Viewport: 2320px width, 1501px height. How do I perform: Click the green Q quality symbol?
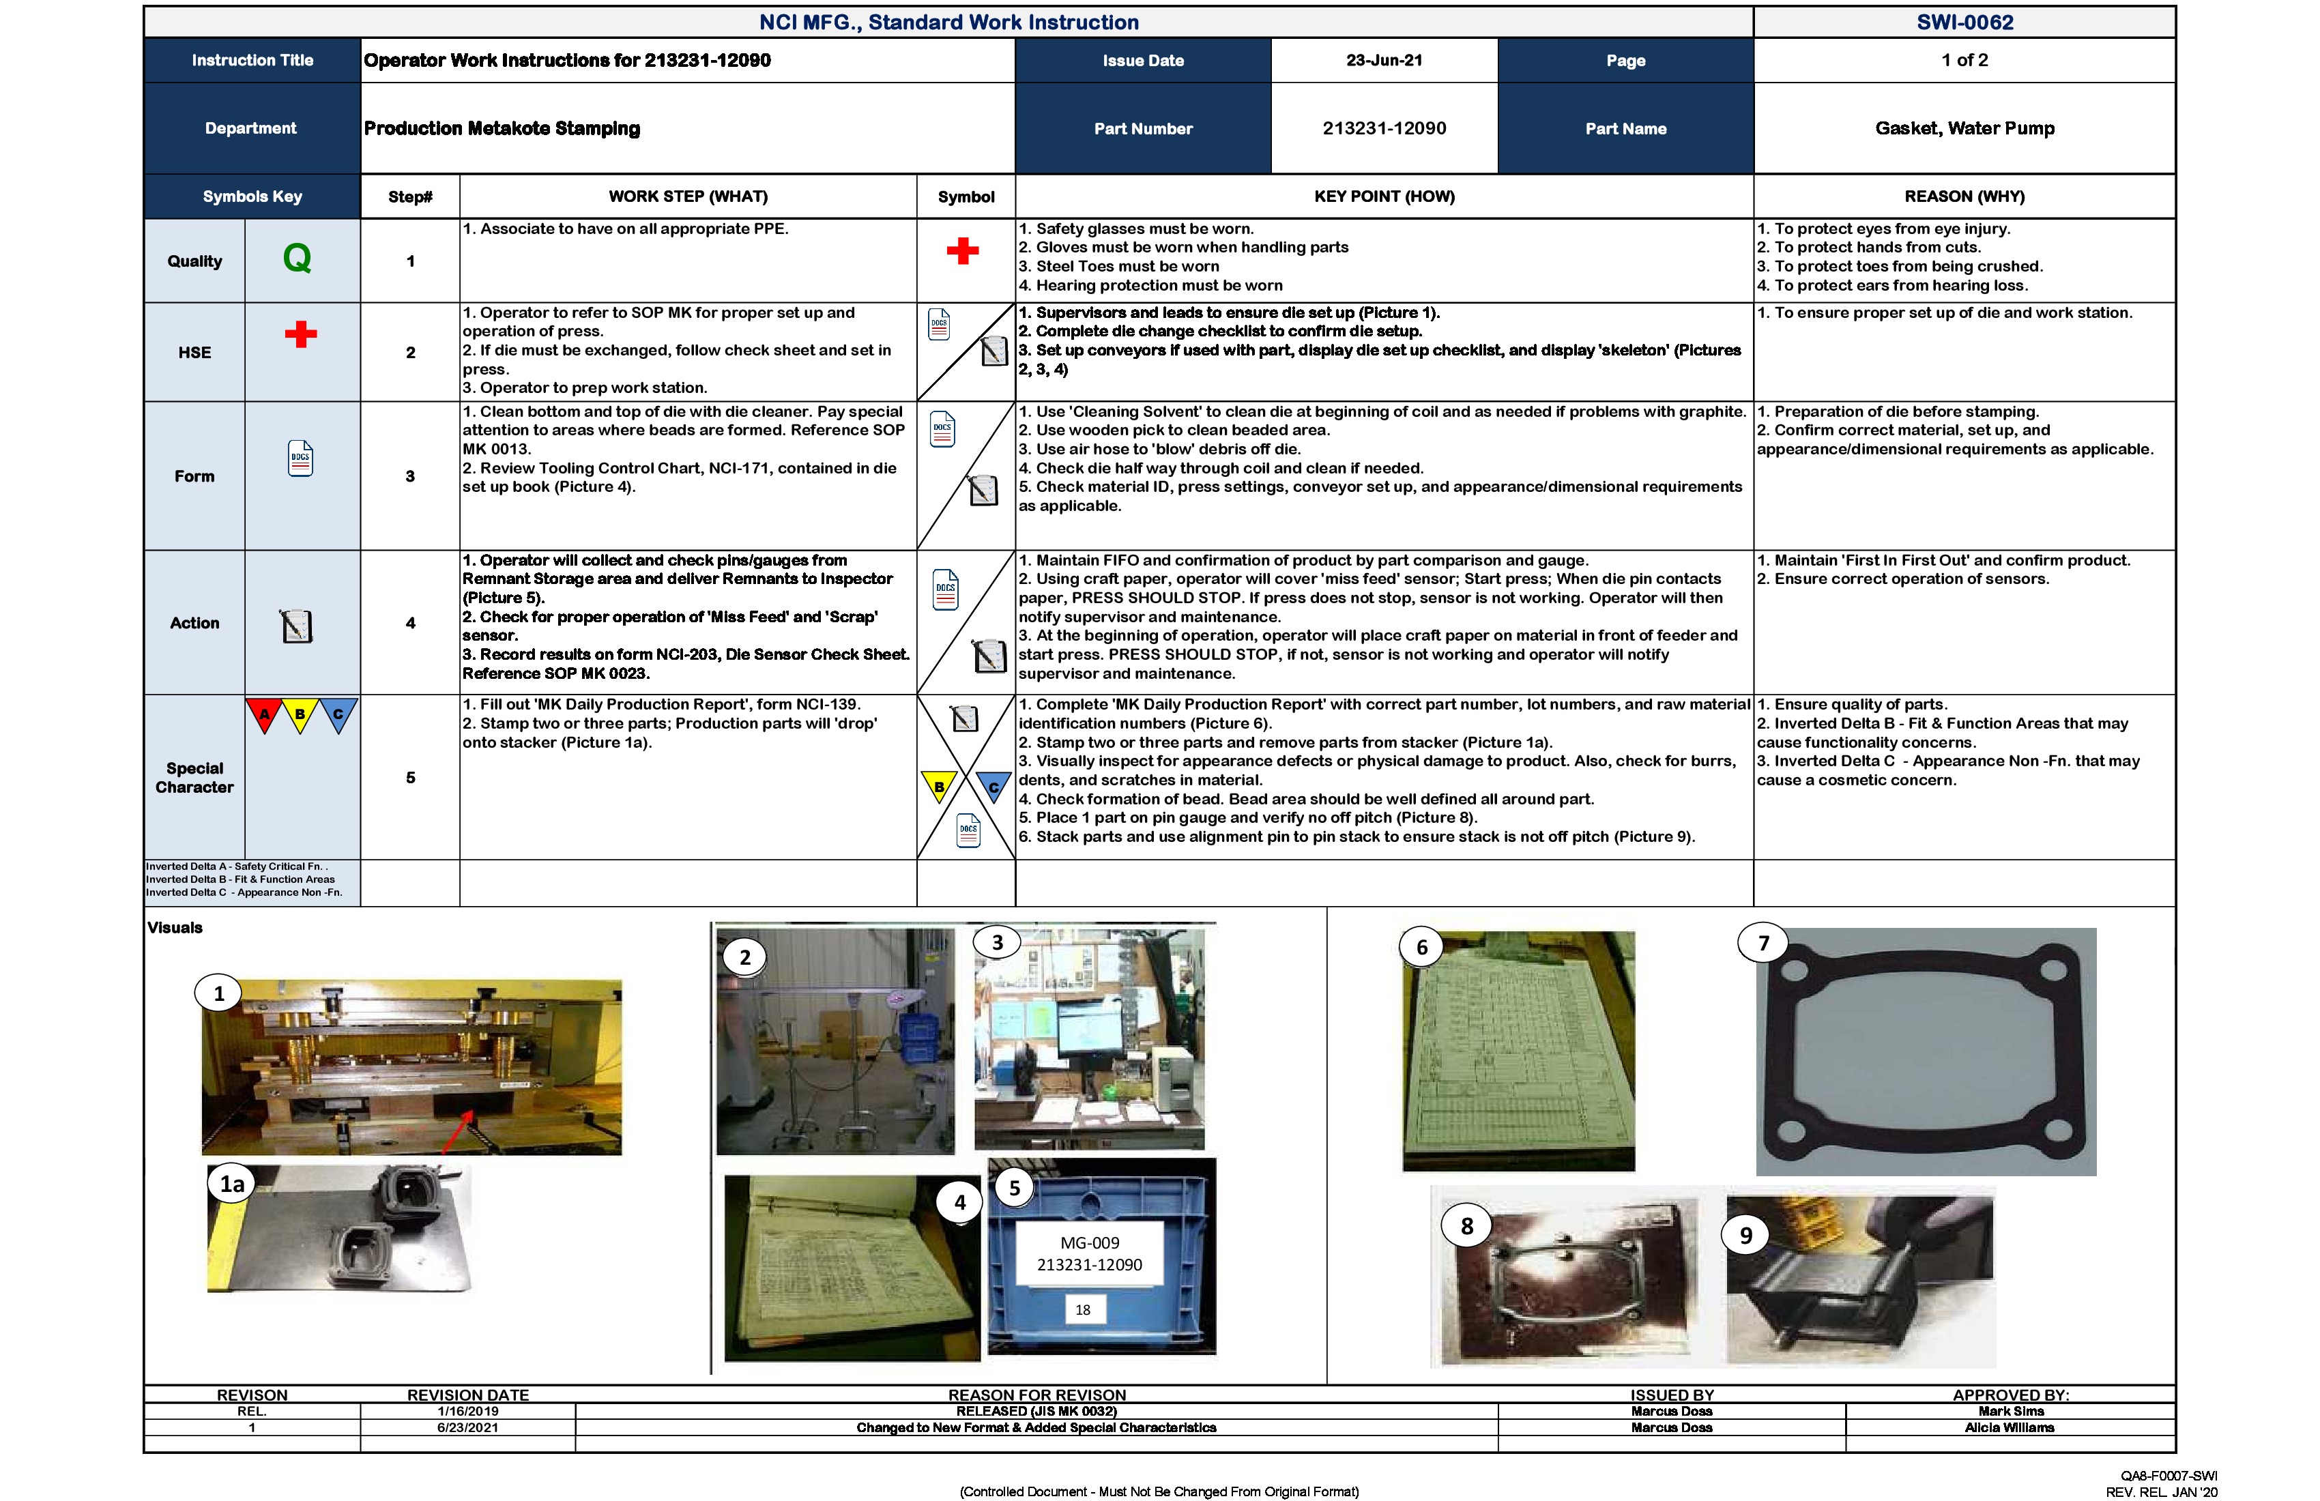coord(298,259)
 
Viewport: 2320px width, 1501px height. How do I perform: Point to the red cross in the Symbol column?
coord(962,252)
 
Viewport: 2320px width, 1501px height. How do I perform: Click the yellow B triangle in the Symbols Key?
coord(300,714)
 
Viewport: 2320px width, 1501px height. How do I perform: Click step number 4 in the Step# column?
coord(410,623)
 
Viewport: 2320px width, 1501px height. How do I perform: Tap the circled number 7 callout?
coord(1763,944)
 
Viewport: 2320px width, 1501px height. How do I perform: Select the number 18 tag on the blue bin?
coord(1083,1310)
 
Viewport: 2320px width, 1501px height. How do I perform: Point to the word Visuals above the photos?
coord(175,928)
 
